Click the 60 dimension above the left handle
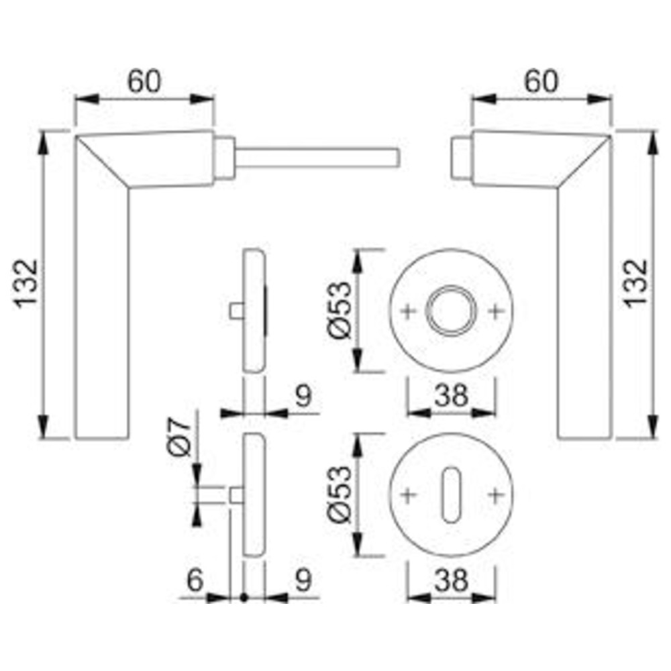point(145,81)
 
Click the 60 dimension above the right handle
point(541,81)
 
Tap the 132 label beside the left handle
point(27,284)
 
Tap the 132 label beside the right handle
point(636,283)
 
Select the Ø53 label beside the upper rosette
point(341,310)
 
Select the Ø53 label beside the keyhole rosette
point(341,495)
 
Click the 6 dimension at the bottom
point(195,580)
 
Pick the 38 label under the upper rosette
point(452,395)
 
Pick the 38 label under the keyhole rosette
point(452,580)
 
